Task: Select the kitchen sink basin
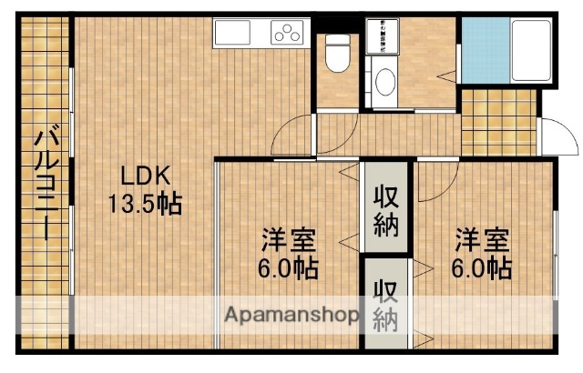click(x=239, y=35)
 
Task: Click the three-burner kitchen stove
click(x=289, y=35)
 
